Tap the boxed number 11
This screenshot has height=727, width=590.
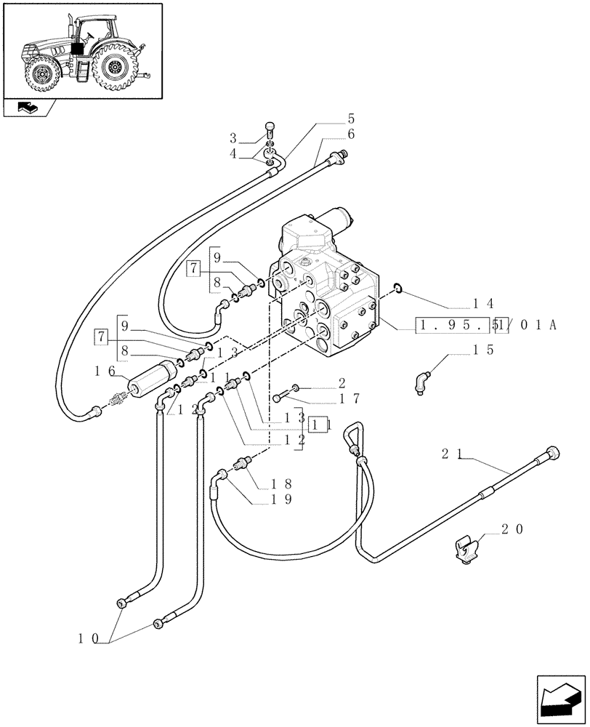[319, 425]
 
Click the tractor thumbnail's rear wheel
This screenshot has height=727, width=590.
[113, 68]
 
